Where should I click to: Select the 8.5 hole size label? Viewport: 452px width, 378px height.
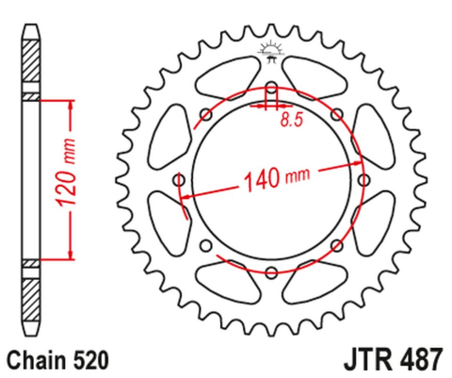point(292,119)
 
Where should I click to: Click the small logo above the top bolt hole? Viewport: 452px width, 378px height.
point(270,54)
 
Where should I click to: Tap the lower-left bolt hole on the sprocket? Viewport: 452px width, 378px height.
point(206,245)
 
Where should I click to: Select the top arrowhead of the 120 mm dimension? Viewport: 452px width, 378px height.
point(69,103)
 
